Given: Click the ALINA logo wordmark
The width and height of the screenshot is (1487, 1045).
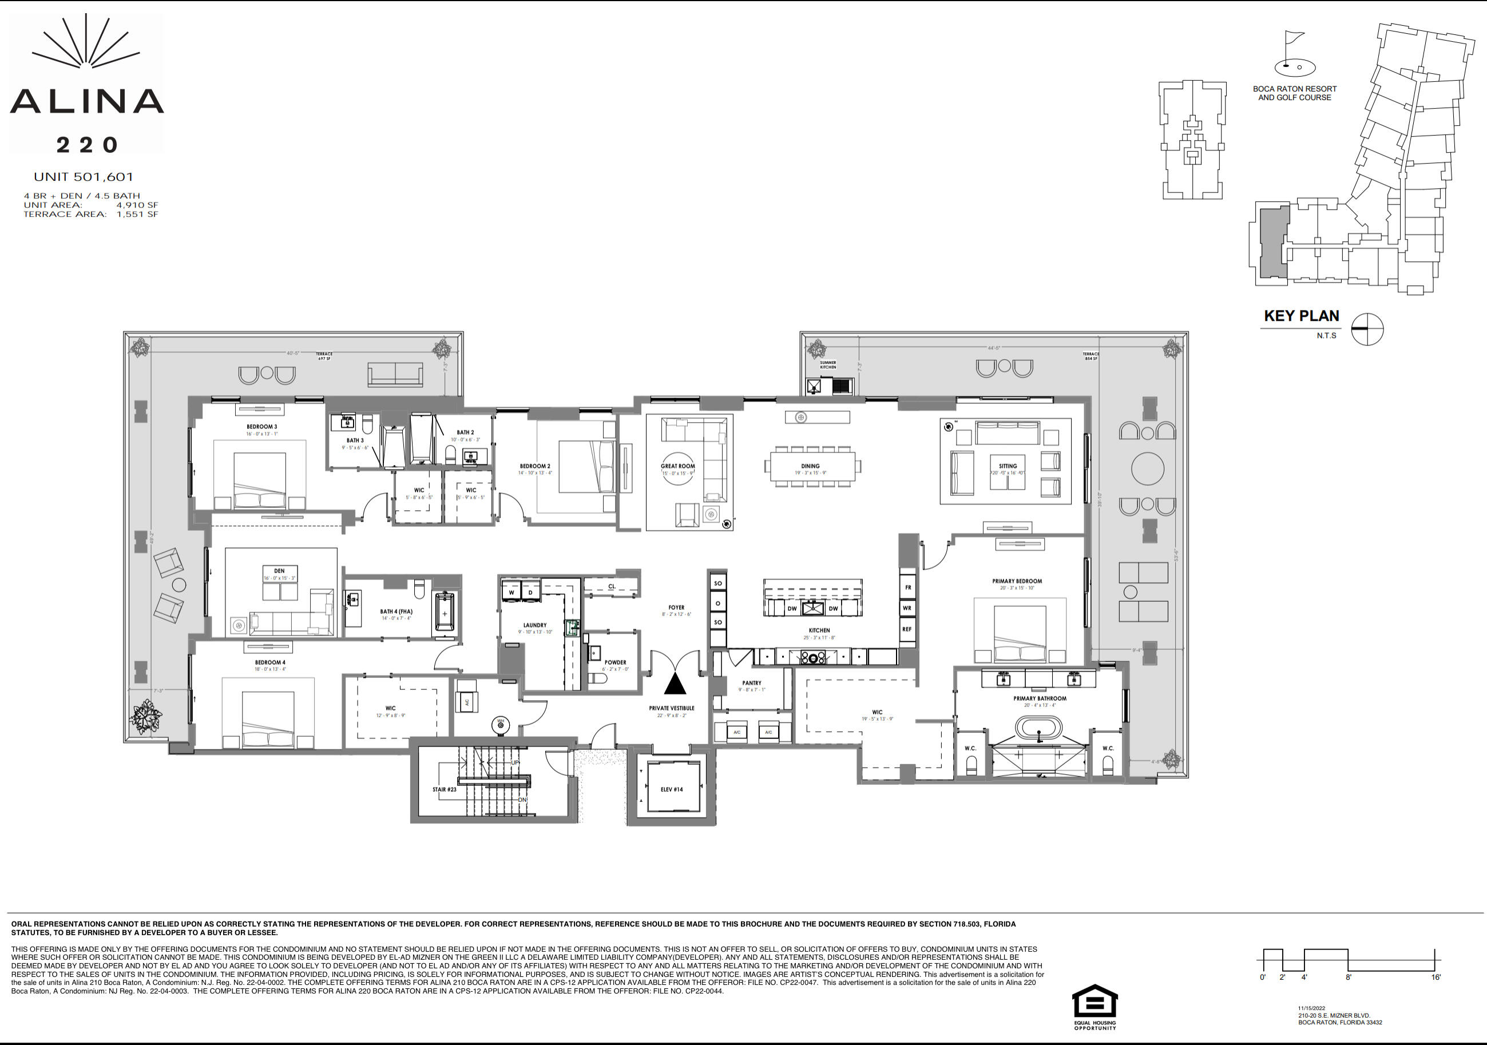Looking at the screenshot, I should point(87,102).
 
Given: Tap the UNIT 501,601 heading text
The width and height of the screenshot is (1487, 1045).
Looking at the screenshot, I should point(84,177).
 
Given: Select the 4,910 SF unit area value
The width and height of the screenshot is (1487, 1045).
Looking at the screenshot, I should point(137,205).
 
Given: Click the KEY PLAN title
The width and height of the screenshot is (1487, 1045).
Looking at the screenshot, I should point(1301,316).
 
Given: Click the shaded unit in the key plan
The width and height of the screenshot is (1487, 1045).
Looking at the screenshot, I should point(1273,243).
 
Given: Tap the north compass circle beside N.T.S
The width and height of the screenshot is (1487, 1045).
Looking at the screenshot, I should point(1366,329).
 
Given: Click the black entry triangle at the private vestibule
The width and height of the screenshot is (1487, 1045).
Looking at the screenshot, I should point(675,684).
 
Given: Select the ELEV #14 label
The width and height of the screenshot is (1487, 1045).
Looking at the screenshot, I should point(672,789).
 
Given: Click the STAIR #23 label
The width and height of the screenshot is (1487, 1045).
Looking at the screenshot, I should point(445,789).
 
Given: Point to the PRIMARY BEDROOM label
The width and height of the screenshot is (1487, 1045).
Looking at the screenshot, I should point(1017,581).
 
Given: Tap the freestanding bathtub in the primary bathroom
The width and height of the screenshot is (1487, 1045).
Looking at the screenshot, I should point(1039,728).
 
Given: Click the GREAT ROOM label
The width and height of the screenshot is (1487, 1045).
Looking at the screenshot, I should point(677,466).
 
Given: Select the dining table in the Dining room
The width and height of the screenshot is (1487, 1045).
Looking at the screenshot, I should point(813,466).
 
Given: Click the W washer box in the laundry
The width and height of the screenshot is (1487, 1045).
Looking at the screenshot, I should point(511,592).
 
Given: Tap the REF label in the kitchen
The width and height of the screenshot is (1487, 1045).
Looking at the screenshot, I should point(907,629).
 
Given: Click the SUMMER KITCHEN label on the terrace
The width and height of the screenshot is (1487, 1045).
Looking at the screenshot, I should point(828,364).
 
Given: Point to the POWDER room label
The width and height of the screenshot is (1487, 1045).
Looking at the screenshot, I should point(615,662).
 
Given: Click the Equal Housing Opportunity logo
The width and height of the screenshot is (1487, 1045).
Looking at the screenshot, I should point(1095,1006).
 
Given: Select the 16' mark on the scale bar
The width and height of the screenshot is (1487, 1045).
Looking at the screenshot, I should point(1436,977).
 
